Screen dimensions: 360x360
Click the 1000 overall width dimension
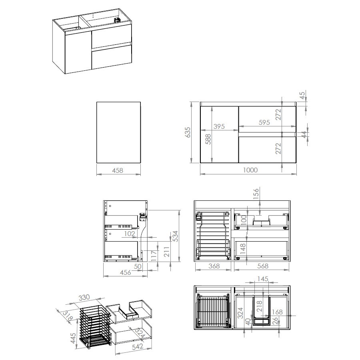(x=250, y=170)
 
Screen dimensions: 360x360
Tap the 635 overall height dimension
(x=188, y=132)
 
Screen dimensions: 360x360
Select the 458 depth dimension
(x=118, y=170)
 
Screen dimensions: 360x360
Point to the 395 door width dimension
(x=219, y=126)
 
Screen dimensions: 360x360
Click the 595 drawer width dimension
(x=264, y=122)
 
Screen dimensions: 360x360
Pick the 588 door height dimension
(x=208, y=139)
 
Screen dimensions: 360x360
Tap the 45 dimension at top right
(x=303, y=95)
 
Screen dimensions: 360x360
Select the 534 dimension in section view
(x=175, y=236)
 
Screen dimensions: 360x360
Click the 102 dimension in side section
(x=130, y=234)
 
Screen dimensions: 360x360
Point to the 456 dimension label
(x=125, y=272)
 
